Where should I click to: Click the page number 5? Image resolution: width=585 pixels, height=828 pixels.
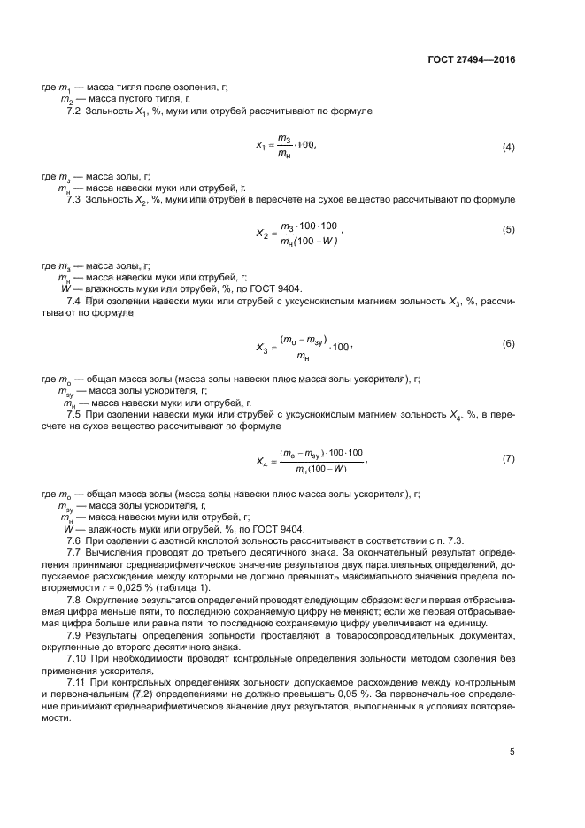[x=512, y=752]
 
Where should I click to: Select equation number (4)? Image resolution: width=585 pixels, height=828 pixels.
[x=508, y=147]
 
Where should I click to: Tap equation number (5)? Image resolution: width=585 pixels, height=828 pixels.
[x=508, y=230]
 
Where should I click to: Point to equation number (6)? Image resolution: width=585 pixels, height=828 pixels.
[x=508, y=342]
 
